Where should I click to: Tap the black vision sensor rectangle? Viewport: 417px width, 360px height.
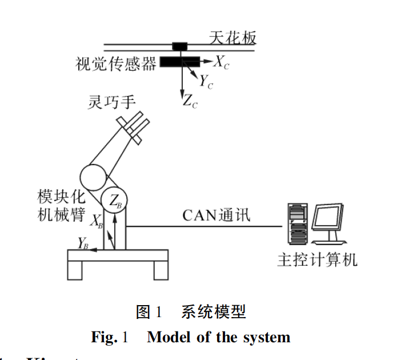[179, 61]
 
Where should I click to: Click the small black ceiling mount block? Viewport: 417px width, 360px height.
[181, 46]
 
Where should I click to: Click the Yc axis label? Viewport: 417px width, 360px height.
[206, 82]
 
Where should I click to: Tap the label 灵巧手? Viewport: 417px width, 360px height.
[111, 102]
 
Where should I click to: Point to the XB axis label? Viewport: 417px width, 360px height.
[97, 221]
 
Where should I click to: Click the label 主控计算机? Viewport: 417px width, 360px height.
[317, 260]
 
